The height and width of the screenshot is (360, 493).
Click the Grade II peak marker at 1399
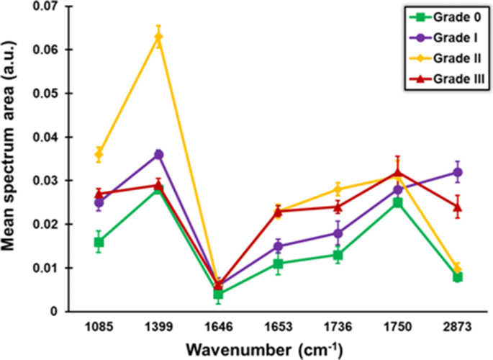point(158,37)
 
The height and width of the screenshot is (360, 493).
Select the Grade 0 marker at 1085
point(99,242)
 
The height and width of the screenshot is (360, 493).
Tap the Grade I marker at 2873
point(457,172)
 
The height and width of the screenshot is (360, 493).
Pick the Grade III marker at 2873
point(457,207)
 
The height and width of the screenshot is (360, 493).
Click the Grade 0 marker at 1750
point(397,202)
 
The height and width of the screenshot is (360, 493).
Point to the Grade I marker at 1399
point(158,155)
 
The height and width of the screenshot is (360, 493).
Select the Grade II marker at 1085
point(99,154)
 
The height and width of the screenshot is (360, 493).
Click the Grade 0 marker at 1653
point(278,264)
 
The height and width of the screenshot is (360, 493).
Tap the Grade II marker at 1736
point(338,189)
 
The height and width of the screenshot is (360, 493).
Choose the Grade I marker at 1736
point(338,233)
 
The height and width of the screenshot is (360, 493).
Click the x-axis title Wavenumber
point(260,349)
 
